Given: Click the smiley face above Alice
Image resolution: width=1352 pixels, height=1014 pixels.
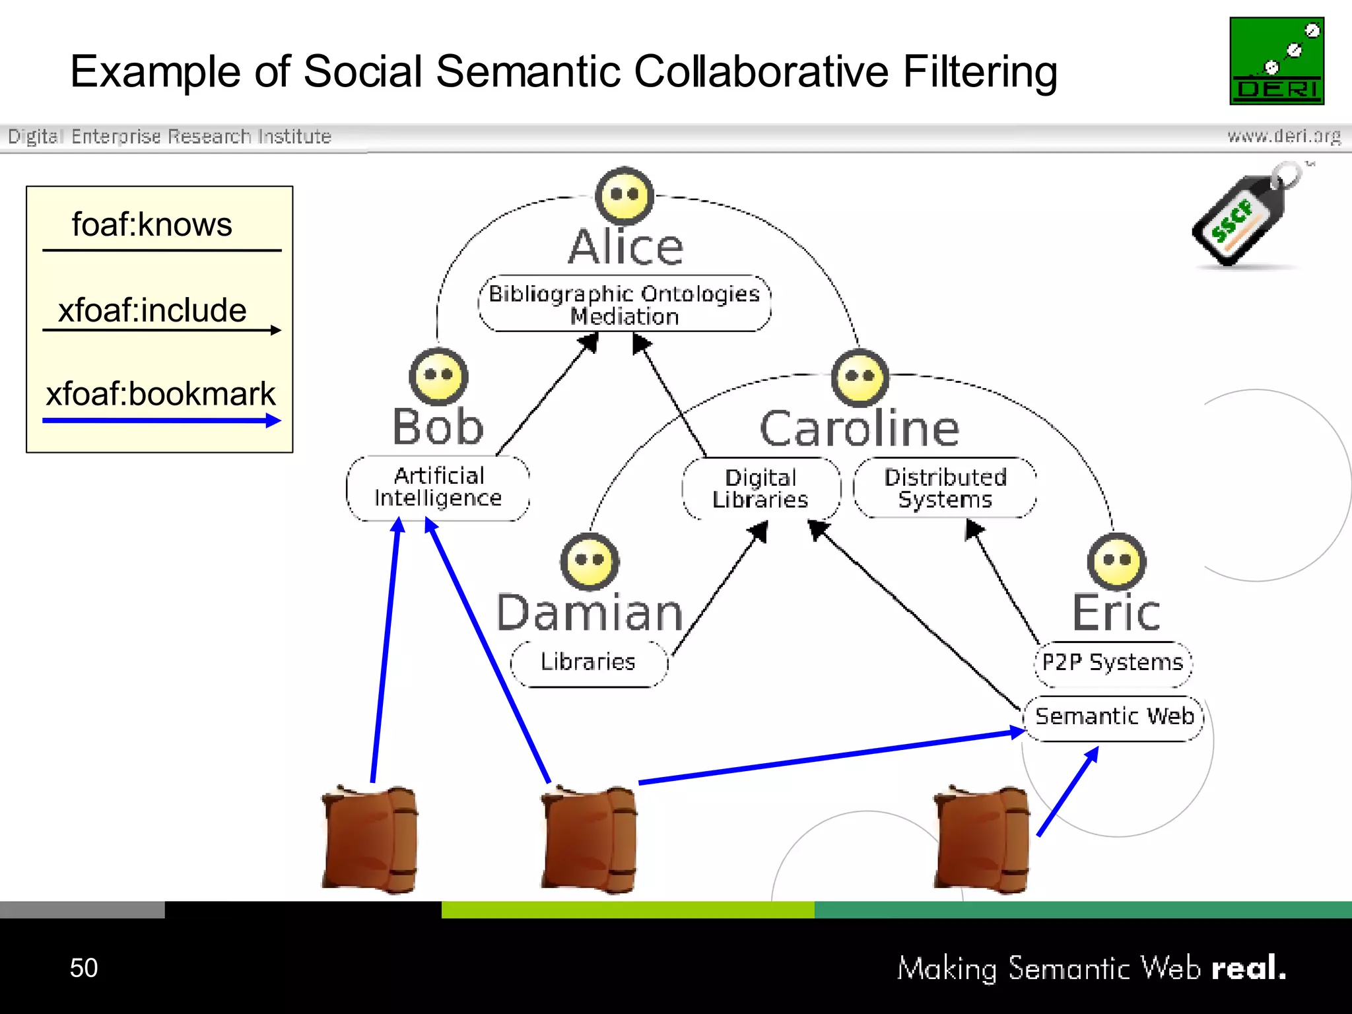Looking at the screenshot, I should [x=625, y=196].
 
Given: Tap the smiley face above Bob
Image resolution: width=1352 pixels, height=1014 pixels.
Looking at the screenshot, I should [x=438, y=376].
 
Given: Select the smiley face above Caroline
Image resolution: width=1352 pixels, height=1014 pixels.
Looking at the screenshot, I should [x=860, y=378].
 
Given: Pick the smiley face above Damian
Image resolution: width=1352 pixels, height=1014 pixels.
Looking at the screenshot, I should [x=590, y=562].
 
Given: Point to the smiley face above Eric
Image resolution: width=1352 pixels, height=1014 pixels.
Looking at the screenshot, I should [x=1116, y=562].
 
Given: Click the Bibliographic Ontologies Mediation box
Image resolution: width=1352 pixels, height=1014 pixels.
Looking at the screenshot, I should [x=625, y=304].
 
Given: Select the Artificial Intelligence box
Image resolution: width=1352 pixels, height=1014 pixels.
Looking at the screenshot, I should [x=438, y=487].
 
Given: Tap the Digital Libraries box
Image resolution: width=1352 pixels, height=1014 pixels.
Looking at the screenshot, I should [x=760, y=489].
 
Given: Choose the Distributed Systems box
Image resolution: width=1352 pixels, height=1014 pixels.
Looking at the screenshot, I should [x=945, y=488].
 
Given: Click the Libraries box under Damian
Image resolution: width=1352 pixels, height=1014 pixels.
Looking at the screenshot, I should [x=588, y=662].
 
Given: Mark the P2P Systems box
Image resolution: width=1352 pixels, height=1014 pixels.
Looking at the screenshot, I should [x=1113, y=662].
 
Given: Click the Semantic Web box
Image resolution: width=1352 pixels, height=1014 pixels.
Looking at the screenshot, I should [x=1114, y=717].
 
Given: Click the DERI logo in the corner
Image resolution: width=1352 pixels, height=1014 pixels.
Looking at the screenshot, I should [x=1277, y=61].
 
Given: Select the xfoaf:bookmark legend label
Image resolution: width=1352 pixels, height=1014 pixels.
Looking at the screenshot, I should [x=160, y=394].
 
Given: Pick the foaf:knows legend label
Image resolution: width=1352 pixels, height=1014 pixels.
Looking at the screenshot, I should [x=152, y=225].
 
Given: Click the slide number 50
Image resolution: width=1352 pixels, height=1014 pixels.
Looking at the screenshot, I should [x=84, y=968].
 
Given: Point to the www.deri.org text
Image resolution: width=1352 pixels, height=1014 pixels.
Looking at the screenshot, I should [x=1284, y=136].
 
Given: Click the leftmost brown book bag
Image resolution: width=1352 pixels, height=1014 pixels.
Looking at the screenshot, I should [x=370, y=838].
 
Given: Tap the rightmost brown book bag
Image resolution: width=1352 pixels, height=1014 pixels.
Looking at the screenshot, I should [x=981, y=838].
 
